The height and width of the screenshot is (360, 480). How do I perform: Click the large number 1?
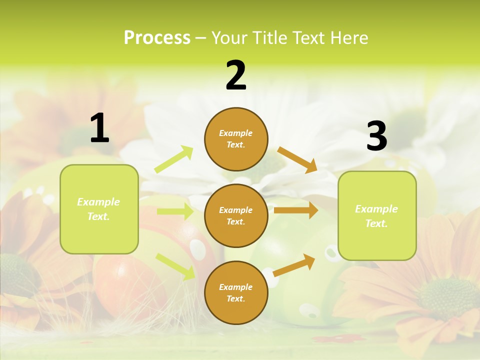click(x=99, y=128)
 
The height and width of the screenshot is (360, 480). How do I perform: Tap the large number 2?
click(x=236, y=75)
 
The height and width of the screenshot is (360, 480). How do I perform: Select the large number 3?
click(x=376, y=136)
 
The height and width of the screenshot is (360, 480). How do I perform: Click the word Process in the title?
click(x=157, y=37)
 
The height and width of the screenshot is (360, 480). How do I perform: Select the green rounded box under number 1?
click(x=99, y=209)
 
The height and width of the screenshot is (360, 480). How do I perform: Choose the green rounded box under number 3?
click(x=377, y=215)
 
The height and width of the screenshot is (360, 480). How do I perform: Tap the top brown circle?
click(x=236, y=139)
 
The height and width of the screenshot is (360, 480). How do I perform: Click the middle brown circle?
click(x=236, y=215)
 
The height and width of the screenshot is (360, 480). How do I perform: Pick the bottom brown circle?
click(x=236, y=292)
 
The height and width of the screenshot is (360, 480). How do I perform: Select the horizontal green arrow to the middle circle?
click(x=175, y=211)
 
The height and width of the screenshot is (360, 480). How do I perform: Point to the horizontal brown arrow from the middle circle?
click(x=296, y=210)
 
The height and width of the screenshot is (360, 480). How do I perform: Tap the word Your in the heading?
click(x=229, y=37)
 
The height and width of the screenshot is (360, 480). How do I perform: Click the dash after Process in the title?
click(x=201, y=38)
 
